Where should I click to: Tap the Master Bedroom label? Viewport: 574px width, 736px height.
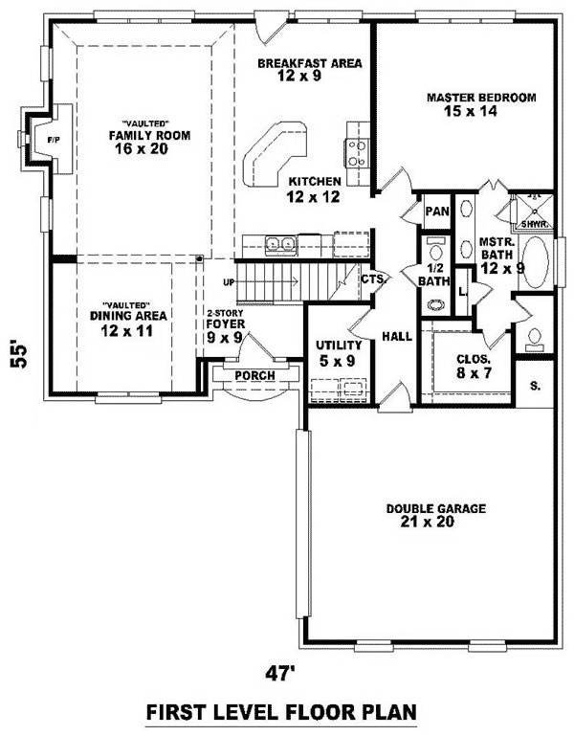pos(481,104)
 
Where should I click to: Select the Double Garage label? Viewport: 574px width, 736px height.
pos(435,515)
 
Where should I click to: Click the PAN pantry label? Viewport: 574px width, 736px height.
pos(437,212)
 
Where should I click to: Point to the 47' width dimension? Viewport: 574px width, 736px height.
pos(279,674)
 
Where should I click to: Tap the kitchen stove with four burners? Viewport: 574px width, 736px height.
pos(357,153)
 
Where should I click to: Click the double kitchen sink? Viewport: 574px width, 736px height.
pos(280,245)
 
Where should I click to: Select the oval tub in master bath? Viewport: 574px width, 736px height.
pos(535,262)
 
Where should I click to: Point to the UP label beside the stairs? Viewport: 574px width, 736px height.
pos(229,282)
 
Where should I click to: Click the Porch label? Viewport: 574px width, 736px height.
pos(254,375)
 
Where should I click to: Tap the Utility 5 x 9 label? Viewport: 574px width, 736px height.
pos(339,353)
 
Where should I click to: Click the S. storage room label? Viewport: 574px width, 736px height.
pos(535,387)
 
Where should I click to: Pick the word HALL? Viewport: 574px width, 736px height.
pos(397,336)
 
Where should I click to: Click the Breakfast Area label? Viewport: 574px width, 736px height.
pos(310,69)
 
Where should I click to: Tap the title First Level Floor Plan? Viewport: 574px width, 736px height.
pos(281,712)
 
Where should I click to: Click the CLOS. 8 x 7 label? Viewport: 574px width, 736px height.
pos(474,367)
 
